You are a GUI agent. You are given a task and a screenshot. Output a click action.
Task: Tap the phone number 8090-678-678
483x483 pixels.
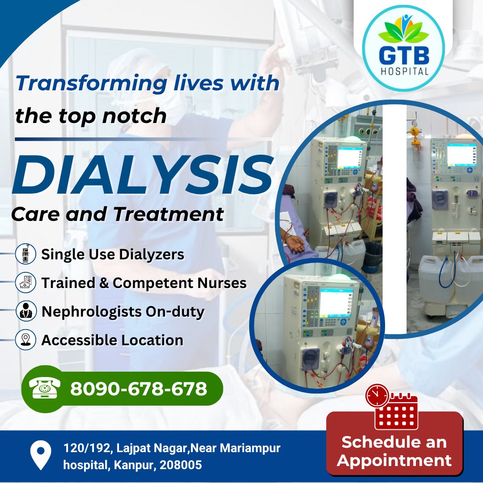[139, 389]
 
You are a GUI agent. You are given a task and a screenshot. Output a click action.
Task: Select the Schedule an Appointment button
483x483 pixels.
[394, 451]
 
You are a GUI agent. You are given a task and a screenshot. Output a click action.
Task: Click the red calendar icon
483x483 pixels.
[395, 411]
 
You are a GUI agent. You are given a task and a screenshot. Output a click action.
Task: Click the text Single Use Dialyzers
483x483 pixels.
[113, 254]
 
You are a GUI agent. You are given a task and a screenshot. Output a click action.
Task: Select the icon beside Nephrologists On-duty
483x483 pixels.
[25, 312]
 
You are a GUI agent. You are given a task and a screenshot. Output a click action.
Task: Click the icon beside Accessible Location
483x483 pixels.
[25, 340]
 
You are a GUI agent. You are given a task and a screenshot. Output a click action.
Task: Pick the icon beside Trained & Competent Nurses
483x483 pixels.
[25, 283]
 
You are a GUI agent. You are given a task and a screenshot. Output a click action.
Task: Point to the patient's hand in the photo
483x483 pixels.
[296, 243]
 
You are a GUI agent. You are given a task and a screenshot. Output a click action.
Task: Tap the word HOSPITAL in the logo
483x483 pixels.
[404, 71]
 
